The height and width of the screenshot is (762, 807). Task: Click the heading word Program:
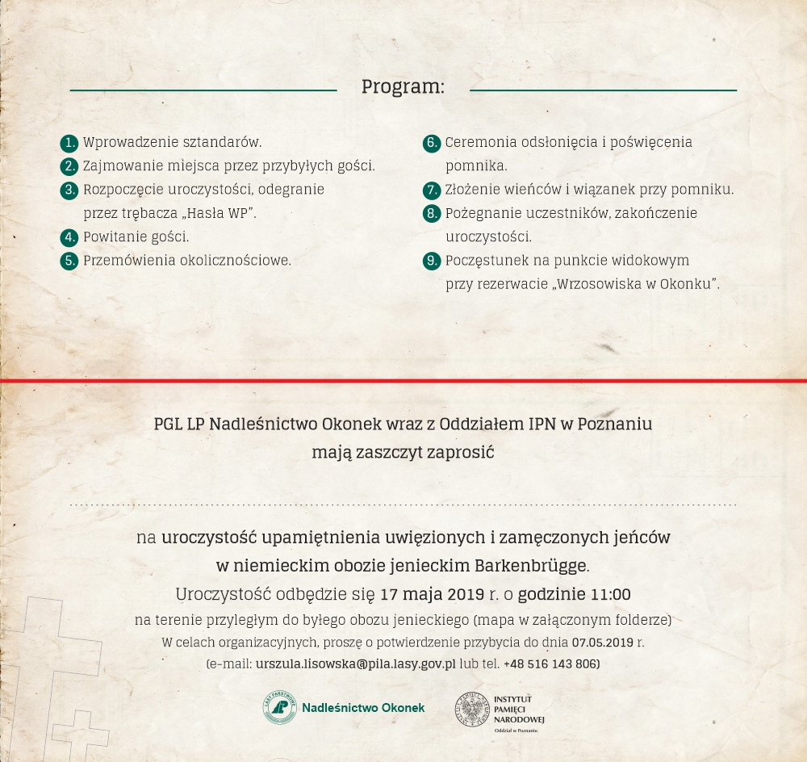click(x=403, y=86)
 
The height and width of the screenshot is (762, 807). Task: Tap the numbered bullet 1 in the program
click(x=69, y=143)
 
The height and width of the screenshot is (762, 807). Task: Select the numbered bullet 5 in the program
click(x=69, y=261)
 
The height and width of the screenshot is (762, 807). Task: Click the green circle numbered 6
click(x=432, y=143)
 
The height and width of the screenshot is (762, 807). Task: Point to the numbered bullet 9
click(x=432, y=261)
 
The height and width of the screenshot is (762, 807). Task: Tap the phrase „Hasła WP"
click(x=219, y=213)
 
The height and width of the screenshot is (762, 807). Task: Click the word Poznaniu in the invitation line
click(x=616, y=424)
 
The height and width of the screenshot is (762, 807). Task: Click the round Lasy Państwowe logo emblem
click(x=279, y=708)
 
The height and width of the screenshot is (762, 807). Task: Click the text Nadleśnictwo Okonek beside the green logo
click(x=363, y=708)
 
